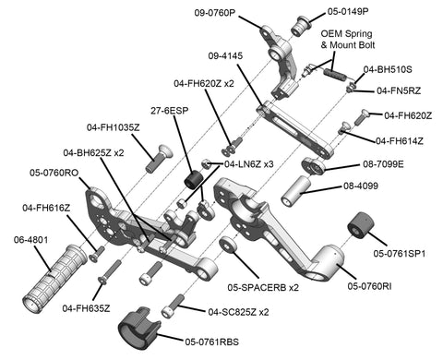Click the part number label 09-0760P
click(214, 13)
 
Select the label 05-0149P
click(348, 11)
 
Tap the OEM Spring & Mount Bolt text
click(347, 39)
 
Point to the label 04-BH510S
click(388, 69)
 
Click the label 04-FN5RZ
click(399, 90)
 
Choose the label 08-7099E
click(383, 164)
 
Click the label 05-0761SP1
click(400, 254)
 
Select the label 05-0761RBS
click(211, 342)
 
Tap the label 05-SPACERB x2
click(263, 287)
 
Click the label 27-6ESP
click(169, 111)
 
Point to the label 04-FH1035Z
click(113, 127)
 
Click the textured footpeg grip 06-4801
click(55, 278)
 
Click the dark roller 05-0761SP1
click(361, 225)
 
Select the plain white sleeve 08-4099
click(296, 191)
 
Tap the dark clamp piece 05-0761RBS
click(140, 328)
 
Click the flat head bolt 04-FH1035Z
click(158, 159)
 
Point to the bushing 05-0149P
click(300, 27)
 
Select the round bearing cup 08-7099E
click(313, 166)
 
